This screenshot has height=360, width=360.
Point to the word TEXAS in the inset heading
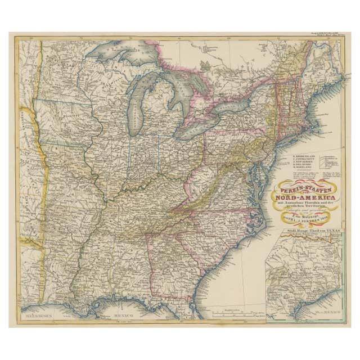tap(334, 231)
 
